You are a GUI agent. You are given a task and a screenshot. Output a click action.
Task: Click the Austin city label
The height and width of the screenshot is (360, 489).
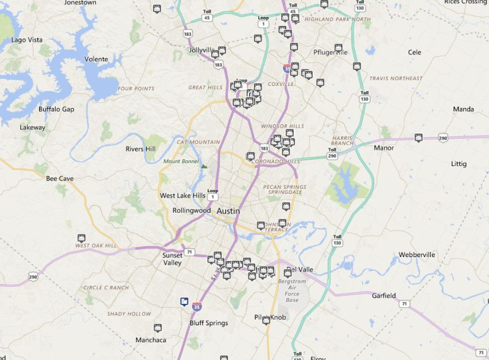pyautogui.click(x=228, y=211)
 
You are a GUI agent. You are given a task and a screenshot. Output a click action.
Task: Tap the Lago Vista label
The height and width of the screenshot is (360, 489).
pyautogui.click(x=27, y=40)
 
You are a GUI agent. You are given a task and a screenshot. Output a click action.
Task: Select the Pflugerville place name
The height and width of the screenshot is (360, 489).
pyautogui.click(x=330, y=52)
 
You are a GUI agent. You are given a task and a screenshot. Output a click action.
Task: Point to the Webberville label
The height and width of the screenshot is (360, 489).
pyautogui.click(x=417, y=255)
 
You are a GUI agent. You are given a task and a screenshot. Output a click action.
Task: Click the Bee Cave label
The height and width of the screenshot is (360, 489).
pyautogui.click(x=60, y=179)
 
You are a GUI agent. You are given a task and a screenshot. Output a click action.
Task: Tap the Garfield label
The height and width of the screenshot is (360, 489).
pyautogui.click(x=383, y=296)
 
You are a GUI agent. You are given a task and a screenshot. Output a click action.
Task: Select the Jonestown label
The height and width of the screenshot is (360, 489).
pyautogui.click(x=80, y=3)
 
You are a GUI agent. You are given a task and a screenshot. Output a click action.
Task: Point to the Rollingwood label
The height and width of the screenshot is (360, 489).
pyautogui.click(x=191, y=210)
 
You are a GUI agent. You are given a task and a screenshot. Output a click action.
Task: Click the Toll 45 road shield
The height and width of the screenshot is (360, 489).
pyautogui.click(x=207, y=15)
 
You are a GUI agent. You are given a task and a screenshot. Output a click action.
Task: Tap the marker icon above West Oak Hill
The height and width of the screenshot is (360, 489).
pyautogui.click(x=81, y=238)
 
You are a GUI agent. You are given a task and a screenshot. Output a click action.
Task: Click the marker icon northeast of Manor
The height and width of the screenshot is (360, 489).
pyautogui.click(x=418, y=137)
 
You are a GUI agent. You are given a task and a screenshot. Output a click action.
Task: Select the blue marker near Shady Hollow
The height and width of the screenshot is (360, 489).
pyautogui.click(x=184, y=301)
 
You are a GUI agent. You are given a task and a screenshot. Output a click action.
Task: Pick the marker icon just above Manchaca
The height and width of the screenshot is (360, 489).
pyautogui.click(x=157, y=328)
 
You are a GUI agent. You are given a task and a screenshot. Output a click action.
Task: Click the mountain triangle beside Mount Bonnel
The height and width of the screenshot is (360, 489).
pyautogui.click(x=203, y=166)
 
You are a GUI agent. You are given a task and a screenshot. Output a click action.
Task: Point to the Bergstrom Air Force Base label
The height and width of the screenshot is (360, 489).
pyautogui.click(x=292, y=291)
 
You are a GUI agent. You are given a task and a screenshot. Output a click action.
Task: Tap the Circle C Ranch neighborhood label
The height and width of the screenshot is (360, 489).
pyautogui.click(x=106, y=288)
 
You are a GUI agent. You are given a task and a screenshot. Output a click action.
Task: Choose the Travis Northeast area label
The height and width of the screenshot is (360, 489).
pyautogui.click(x=396, y=78)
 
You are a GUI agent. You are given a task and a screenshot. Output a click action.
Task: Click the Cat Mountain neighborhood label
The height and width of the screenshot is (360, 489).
pyautogui.click(x=198, y=142)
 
